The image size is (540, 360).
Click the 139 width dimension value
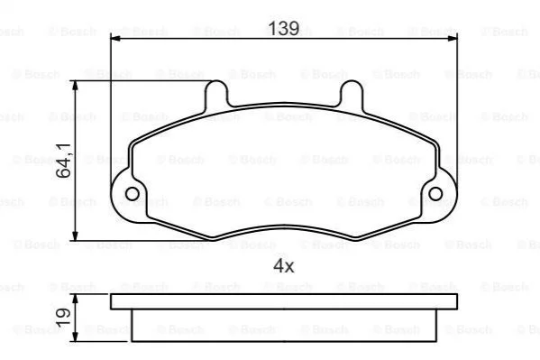point(283,28)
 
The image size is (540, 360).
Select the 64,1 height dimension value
point(63,161)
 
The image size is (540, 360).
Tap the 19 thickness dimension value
point(63,318)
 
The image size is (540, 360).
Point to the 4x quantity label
point(283,265)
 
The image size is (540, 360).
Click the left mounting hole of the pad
point(133,194)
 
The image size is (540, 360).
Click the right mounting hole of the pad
point(435,194)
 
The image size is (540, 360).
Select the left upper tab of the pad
point(216,92)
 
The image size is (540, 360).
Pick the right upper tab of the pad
point(352,92)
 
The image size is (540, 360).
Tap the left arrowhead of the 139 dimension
point(115,38)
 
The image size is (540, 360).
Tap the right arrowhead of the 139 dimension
point(453,38)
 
